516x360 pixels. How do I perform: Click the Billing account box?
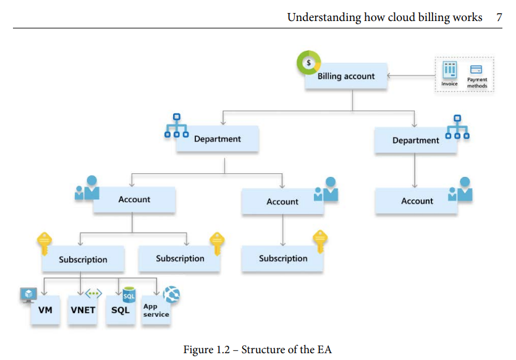346,77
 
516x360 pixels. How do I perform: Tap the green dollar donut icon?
308,63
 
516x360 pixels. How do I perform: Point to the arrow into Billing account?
411,77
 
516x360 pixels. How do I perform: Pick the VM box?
45,309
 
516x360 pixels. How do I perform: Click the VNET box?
82,309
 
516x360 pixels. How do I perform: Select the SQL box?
121,309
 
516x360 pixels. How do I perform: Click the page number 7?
499,17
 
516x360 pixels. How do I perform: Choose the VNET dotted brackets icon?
93,294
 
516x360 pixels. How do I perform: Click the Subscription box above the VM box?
83,260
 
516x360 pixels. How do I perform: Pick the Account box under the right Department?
417,201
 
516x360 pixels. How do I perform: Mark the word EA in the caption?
324,349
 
